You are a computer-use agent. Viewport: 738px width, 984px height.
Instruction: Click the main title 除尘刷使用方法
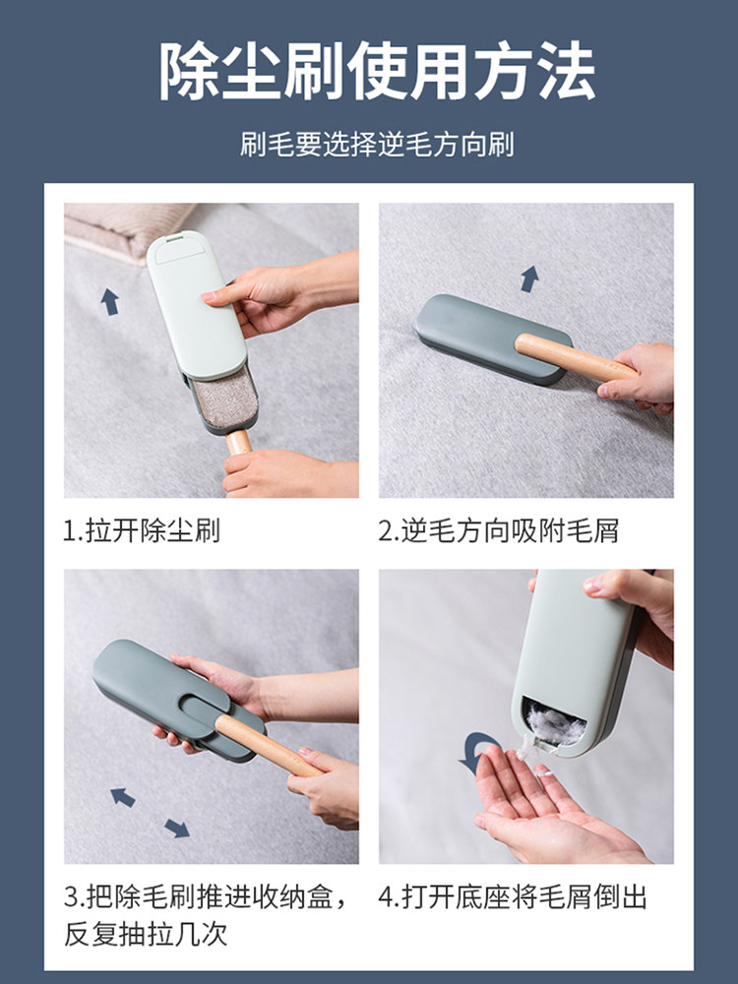click(x=377, y=71)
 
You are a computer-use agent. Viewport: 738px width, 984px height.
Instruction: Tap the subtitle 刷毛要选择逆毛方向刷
click(x=377, y=145)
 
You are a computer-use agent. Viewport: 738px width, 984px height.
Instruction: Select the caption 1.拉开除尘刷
click(x=141, y=531)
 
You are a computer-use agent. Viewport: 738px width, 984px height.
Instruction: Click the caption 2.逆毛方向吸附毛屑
click(x=498, y=531)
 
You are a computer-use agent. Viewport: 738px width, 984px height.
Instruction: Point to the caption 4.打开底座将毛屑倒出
click(x=512, y=896)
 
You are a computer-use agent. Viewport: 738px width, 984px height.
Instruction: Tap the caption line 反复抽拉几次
click(x=145, y=934)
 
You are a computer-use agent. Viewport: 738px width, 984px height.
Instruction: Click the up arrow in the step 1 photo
click(x=110, y=302)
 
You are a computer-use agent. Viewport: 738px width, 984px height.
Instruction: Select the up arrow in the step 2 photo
click(x=529, y=278)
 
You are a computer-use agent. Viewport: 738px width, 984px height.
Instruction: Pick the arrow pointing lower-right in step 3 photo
click(x=177, y=829)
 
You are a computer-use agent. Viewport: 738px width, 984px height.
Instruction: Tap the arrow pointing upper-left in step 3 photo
click(x=122, y=798)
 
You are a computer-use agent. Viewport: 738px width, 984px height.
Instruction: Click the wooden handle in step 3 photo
click(x=267, y=745)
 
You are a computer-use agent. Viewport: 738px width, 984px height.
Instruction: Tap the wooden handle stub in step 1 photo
click(x=238, y=442)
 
